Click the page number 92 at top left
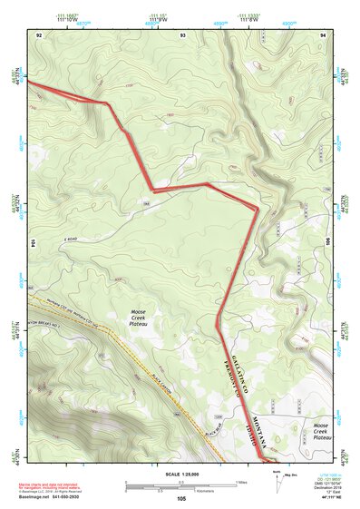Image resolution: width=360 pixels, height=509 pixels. (x=39, y=34)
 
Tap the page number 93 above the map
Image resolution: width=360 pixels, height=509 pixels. (x=182, y=34)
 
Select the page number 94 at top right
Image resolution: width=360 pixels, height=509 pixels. (x=323, y=34)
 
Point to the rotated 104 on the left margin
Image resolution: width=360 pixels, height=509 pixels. (x=34, y=244)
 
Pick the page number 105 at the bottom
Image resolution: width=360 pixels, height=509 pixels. (x=181, y=498)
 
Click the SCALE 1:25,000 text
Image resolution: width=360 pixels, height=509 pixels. (x=181, y=474)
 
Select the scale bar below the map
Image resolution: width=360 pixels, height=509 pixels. (x=181, y=485)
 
